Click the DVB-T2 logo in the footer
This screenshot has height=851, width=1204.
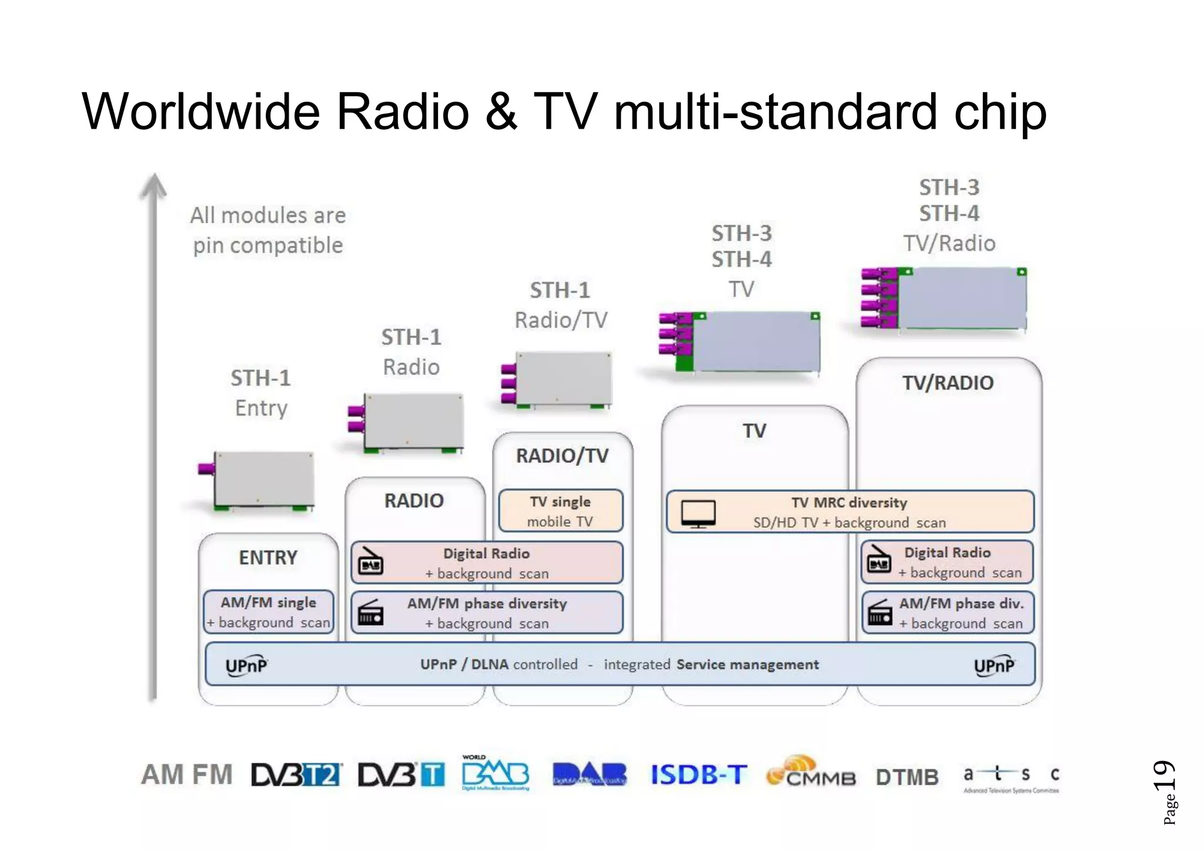[296, 775]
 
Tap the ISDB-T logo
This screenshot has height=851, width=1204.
[698, 775]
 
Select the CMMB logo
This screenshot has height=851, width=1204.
[811, 772]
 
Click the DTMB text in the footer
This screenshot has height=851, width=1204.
[907, 777]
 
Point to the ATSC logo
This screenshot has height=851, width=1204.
[1011, 778]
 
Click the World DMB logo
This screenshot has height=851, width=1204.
[495, 773]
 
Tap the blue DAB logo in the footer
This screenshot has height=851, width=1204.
[589, 774]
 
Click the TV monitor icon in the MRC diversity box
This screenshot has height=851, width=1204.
[698, 513]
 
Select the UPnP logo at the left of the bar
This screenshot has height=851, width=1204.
[246, 666]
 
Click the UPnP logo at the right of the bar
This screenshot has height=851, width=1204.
[994, 666]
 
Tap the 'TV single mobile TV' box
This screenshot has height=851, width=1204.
[560, 511]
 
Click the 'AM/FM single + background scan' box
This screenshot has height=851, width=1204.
[269, 612]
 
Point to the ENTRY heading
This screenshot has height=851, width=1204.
[268, 557]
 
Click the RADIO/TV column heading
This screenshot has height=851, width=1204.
[562, 455]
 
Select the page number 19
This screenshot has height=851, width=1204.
[1164, 776]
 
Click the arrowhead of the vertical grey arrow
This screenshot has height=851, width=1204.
[153, 185]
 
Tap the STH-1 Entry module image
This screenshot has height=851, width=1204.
[259, 479]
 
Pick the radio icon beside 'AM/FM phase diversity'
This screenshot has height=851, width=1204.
[371, 612]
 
